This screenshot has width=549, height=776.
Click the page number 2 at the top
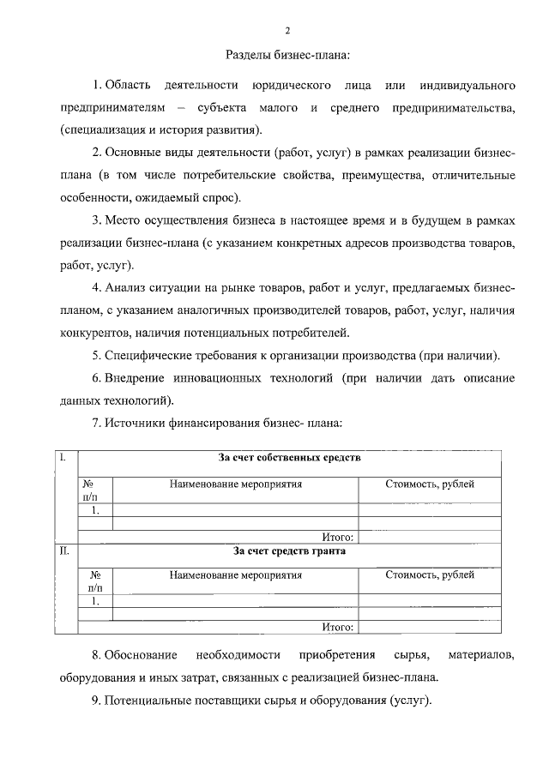click(288, 31)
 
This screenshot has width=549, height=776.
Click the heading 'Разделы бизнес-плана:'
click(288, 56)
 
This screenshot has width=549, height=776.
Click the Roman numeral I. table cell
click(63, 458)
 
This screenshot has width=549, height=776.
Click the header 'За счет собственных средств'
click(289, 458)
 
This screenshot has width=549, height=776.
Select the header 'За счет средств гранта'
click(289, 551)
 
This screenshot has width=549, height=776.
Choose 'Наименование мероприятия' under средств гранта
click(236, 576)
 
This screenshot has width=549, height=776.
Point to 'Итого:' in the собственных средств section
click(338, 537)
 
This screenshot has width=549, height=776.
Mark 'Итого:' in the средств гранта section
click(338, 628)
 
